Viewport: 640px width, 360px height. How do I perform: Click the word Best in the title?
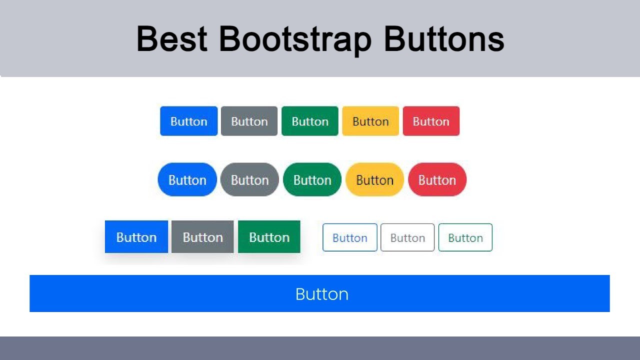pyautogui.click(x=172, y=38)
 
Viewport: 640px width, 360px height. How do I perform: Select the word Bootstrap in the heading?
pyautogui.click(x=295, y=38)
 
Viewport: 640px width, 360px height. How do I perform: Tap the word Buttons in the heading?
pyautogui.click(x=443, y=38)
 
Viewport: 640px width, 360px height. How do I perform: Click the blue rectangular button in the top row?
pyautogui.click(x=188, y=121)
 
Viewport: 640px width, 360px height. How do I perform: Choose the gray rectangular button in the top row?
pyautogui.click(x=249, y=121)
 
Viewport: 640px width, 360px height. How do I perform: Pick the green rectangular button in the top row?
pyautogui.click(x=310, y=121)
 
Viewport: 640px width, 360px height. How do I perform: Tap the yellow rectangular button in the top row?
pyautogui.click(x=370, y=121)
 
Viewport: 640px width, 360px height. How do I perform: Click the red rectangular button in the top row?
pyautogui.click(x=431, y=121)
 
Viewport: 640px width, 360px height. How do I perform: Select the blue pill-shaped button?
pyautogui.click(x=187, y=179)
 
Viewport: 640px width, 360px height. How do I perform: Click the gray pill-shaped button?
pyautogui.click(x=249, y=179)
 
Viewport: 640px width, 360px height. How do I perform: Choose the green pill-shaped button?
pyautogui.click(x=312, y=179)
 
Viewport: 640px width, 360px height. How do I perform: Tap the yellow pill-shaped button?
pyautogui.click(x=374, y=179)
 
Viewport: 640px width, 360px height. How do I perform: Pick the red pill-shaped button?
pyautogui.click(x=437, y=179)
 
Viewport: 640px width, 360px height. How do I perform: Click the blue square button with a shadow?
pyautogui.click(x=136, y=237)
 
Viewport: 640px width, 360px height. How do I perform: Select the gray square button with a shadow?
pyautogui.click(x=202, y=237)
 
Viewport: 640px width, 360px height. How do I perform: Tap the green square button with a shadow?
pyautogui.click(x=269, y=237)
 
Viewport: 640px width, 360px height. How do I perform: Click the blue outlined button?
pyautogui.click(x=350, y=237)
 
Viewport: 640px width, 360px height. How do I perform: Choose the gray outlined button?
pyautogui.click(x=407, y=237)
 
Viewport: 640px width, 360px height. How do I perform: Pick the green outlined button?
pyautogui.click(x=465, y=237)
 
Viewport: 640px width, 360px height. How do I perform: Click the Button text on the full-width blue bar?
pyautogui.click(x=321, y=294)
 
